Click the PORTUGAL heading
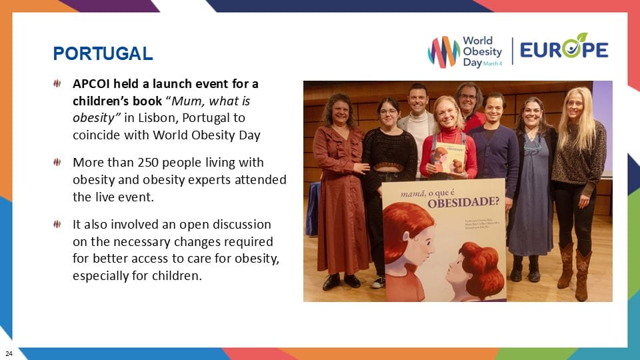click(103, 53)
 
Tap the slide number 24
click(9, 353)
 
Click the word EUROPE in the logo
click(564, 49)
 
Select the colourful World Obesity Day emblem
click(443, 51)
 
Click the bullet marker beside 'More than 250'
click(58, 162)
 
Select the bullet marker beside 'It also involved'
click(58, 223)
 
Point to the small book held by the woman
click(447, 159)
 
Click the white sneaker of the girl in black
click(378, 282)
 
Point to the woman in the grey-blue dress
click(531, 187)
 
